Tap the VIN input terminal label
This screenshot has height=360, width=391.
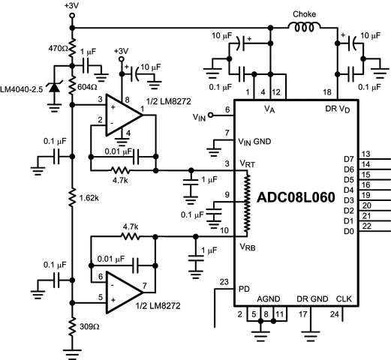pos(199,117)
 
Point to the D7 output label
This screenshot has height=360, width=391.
pos(347,159)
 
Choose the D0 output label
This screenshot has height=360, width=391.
pos(347,230)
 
